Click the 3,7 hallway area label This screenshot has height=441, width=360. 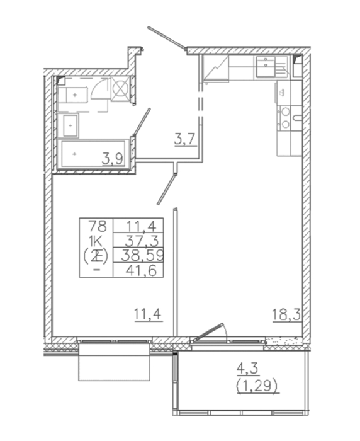pos(185,140)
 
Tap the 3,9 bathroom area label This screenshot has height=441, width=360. pos(113,160)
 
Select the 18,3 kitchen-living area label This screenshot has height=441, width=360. pos(286,314)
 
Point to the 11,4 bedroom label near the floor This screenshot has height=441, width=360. pos(148,314)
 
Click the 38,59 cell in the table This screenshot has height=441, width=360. pos(142,256)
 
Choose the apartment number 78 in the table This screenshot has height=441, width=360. pos(98,226)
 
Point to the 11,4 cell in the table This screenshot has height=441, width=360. pos(145,226)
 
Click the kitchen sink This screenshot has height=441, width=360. pos(266,66)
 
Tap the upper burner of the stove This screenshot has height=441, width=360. pos(286,112)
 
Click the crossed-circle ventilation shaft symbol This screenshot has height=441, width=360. pos(121,88)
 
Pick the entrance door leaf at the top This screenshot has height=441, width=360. pos(166,38)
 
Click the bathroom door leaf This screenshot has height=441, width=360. pos(142,122)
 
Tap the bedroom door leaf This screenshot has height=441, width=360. pos(167,189)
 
